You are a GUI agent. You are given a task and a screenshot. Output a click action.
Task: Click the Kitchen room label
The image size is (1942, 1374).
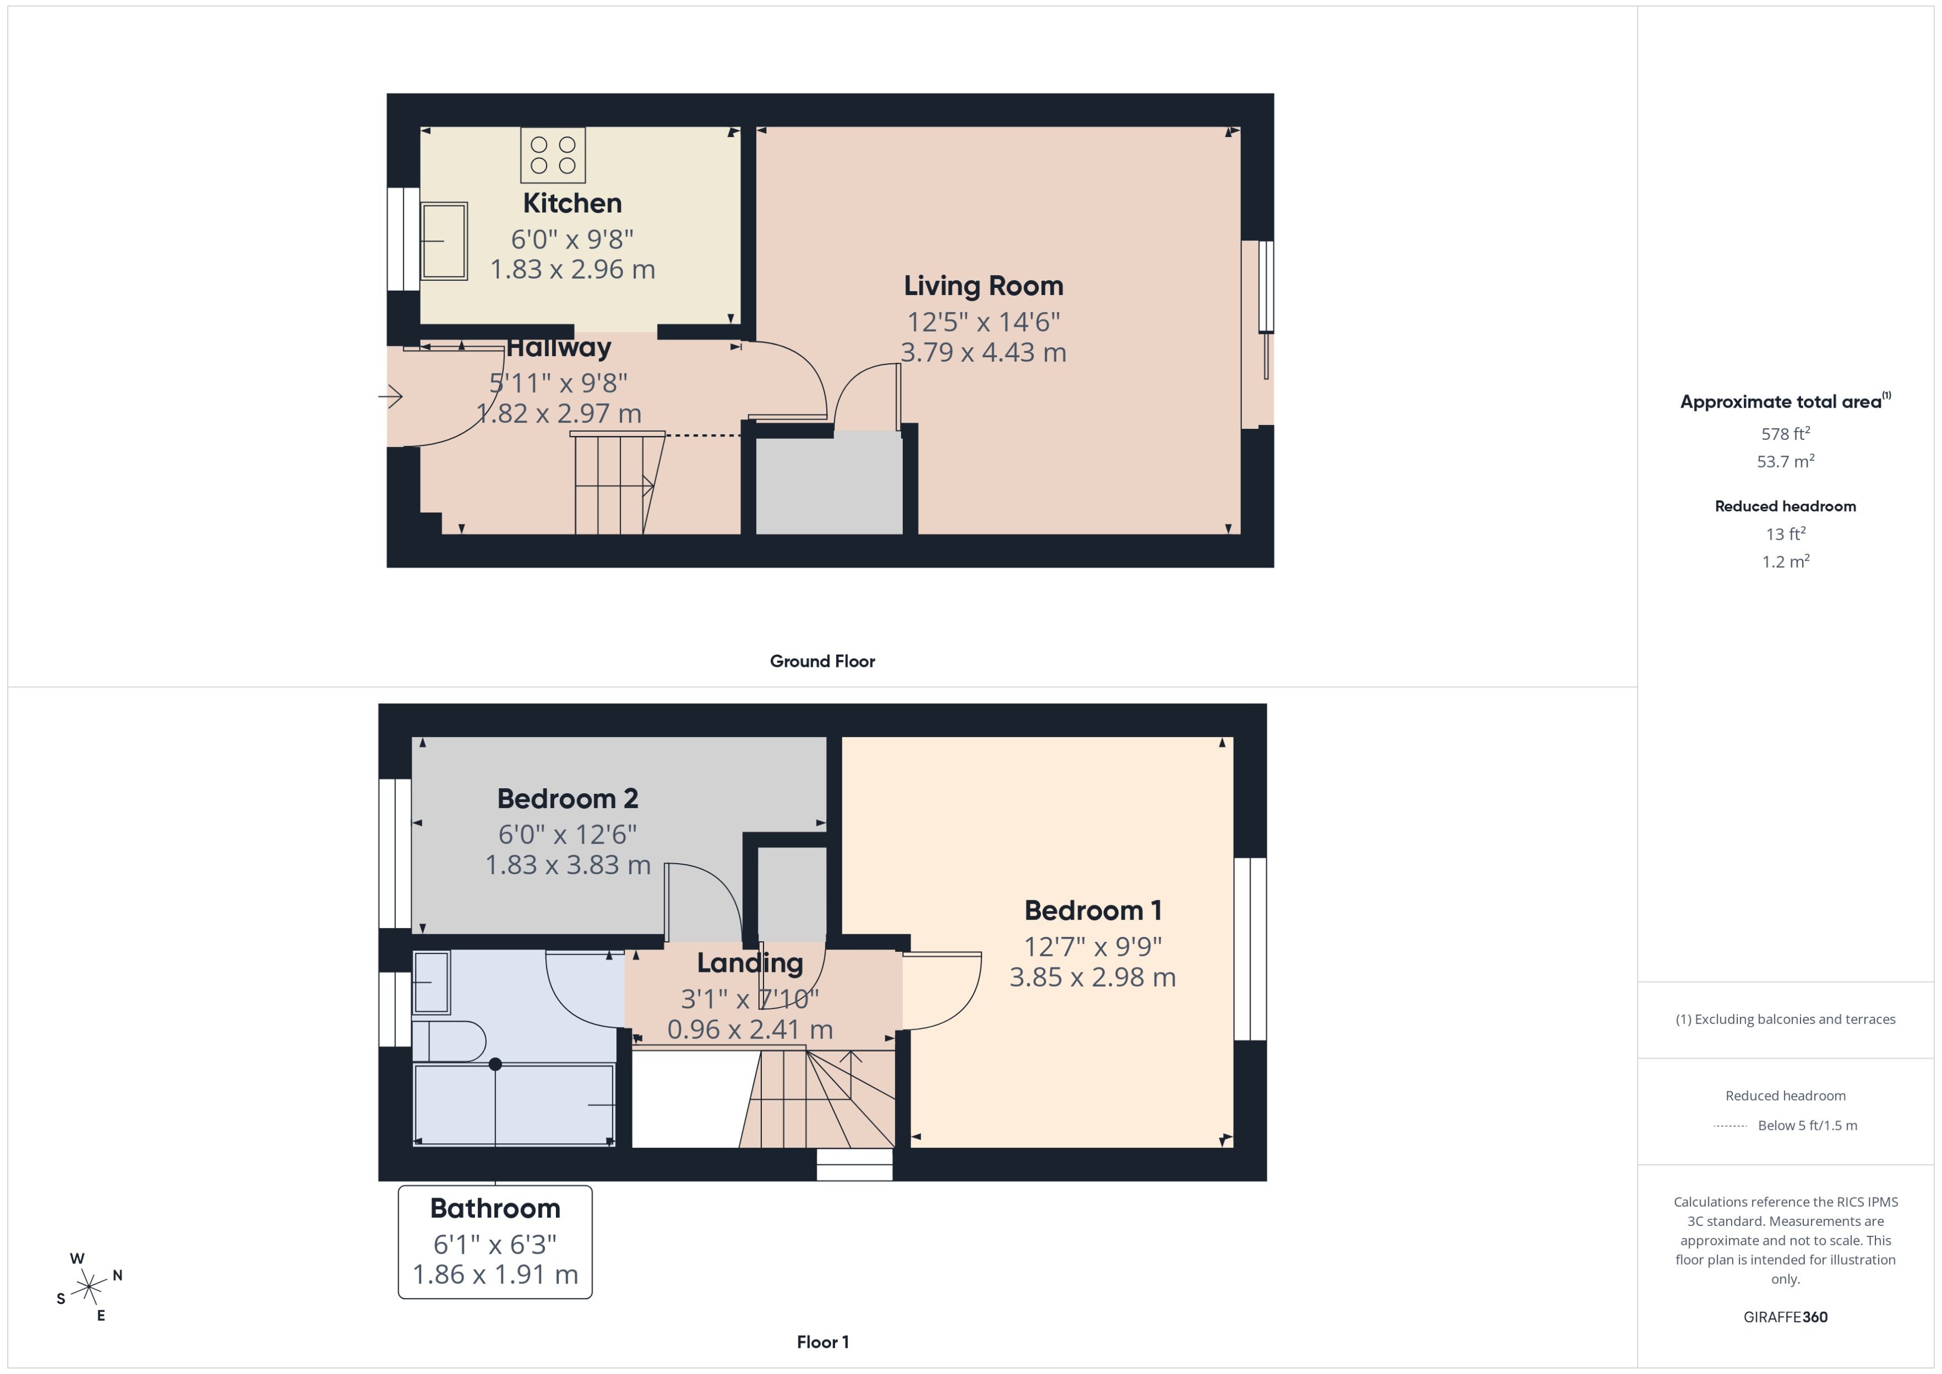(x=572, y=203)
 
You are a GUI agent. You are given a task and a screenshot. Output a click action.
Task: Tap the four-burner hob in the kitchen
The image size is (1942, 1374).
(x=553, y=155)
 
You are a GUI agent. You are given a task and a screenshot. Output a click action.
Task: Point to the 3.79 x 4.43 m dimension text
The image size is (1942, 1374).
(x=983, y=353)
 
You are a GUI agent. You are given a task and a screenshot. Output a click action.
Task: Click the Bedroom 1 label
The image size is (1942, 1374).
(x=1093, y=910)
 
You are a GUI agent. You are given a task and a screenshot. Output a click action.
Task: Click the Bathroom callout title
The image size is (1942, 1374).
(x=495, y=1208)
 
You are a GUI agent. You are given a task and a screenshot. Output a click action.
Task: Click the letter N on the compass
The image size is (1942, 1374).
(x=118, y=1275)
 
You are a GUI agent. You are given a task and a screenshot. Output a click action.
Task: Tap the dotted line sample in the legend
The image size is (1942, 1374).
(x=1729, y=1126)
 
